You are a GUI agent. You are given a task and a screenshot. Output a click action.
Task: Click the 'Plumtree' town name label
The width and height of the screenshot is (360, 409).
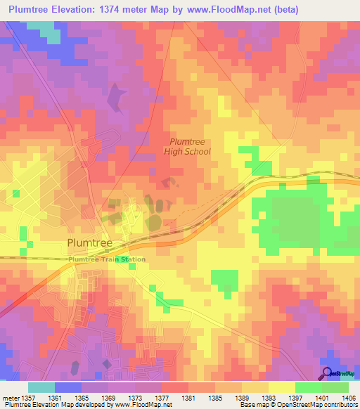click(94, 243)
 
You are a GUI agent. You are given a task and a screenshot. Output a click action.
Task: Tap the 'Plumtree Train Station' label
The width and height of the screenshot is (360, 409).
click(108, 259)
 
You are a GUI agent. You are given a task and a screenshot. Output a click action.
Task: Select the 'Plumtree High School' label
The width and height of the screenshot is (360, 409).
click(187, 146)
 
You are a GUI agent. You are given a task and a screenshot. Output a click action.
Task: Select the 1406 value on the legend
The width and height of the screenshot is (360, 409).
click(349, 398)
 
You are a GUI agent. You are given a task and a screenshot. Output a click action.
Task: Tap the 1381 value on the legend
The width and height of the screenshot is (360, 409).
click(188, 398)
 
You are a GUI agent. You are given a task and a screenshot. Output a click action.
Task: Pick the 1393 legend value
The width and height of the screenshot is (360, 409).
click(269, 398)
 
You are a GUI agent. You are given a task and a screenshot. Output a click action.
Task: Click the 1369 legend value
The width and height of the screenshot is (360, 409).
click(108, 398)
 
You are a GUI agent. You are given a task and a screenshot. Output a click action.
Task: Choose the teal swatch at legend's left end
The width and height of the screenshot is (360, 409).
click(41, 387)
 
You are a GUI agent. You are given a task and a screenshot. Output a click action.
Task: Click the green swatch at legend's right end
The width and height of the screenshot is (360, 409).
click(335, 387)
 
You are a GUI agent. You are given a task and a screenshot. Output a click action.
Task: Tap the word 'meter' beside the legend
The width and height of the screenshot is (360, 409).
click(10, 398)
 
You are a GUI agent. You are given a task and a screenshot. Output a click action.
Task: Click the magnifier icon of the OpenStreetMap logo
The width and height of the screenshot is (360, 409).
click(327, 373)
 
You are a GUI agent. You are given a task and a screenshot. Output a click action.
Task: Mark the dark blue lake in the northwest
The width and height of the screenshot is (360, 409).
click(113, 100)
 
